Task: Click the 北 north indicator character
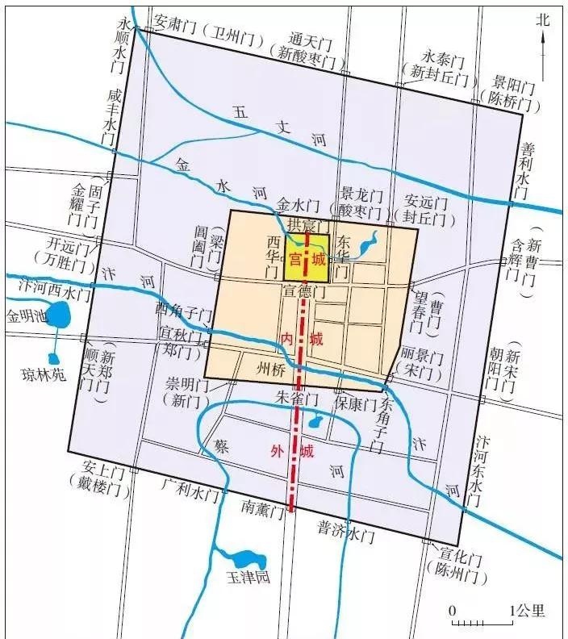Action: pyautogui.click(x=543, y=19)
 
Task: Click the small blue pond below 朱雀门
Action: pyautogui.click(x=317, y=420)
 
